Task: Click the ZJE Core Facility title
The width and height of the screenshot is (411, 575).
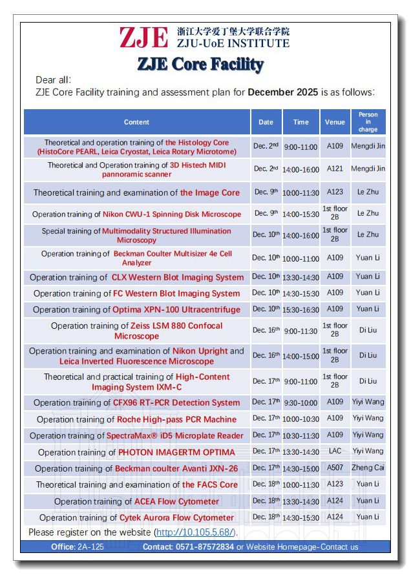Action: (x=200, y=65)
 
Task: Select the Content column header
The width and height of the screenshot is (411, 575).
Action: (x=136, y=122)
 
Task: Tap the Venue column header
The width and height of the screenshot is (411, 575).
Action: (x=335, y=122)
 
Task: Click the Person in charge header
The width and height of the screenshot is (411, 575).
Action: (x=368, y=122)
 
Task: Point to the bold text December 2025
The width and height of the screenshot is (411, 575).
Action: (x=283, y=92)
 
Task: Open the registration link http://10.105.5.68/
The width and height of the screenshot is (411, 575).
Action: (x=196, y=532)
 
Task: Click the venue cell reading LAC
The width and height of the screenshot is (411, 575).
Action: (x=335, y=451)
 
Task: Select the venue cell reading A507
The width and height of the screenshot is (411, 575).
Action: (x=335, y=468)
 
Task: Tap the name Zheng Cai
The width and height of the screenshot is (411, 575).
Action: (x=368, y=468)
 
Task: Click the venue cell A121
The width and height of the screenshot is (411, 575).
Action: (x=335, y=169)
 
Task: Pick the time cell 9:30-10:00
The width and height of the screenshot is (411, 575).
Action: (x=300, y=402)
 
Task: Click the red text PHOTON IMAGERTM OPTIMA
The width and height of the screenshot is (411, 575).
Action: (x=175, y=452)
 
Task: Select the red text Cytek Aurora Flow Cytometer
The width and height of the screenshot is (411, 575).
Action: (x=176, y=517)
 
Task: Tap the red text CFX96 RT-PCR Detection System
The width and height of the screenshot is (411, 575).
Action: (x=176, y=402)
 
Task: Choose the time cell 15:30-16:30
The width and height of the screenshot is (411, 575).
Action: (x=300, y=310)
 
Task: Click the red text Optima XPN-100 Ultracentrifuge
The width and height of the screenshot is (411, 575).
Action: (x=176, y=310)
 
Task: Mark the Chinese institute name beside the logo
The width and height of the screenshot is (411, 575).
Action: (x=233, y=31)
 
